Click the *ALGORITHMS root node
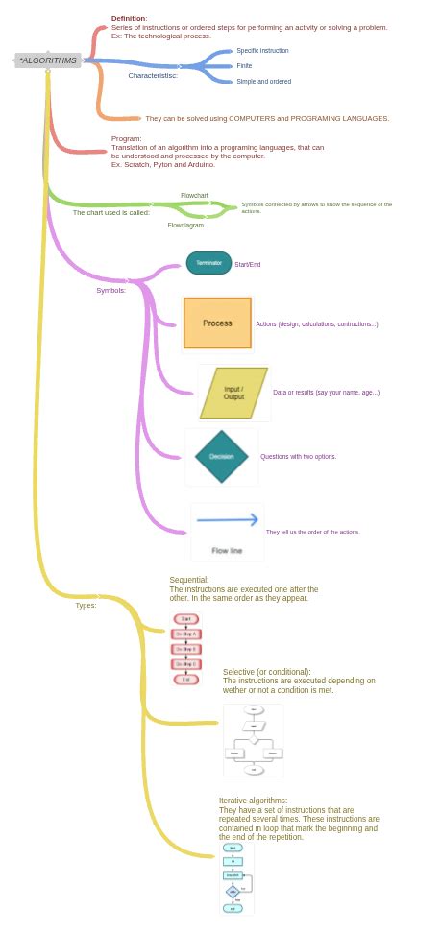[47, 60]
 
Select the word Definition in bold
[129, 18]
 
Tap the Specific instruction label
[262, 51]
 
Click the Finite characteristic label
[244, 66]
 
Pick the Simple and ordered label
[263, 82]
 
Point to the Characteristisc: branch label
[153, 75]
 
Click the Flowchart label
[194, 195]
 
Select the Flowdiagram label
[185, 226]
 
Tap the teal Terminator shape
[208, 263]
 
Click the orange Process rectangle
[217, 323]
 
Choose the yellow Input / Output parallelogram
[233, 393]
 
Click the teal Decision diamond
[221, 457]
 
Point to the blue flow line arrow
[227, 520]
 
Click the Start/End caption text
[247, 265]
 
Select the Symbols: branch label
[110, 290]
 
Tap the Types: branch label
[86, 605]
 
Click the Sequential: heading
[188, 580]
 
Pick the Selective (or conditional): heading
[266, 672]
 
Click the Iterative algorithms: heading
[253, 801]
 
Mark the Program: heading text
[126, 139]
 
